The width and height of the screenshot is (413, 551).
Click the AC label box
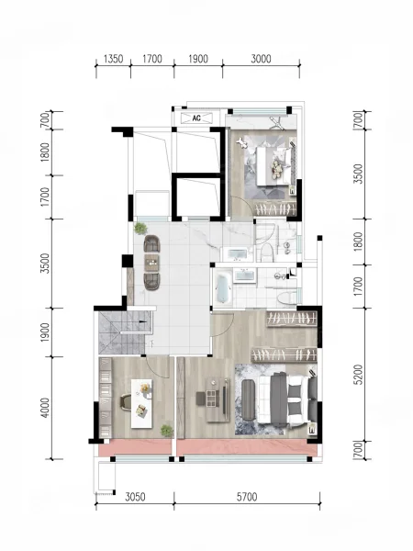[x=196, y=118]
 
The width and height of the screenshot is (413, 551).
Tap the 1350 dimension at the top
[x=114, y=59]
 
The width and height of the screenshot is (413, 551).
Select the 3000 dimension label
[x=261, y=59]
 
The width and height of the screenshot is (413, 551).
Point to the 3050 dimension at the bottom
[x=135, y=497]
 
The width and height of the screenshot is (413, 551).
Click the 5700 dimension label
[x=247, y=497]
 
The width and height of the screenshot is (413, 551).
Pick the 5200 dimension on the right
[x=358, y=375]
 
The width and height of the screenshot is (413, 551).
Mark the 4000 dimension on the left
[x=45, y=408]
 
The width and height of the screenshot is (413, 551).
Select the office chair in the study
[x=127, y=402]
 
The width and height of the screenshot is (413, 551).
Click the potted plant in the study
[x=166, y=431]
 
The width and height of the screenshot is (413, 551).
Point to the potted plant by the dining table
[x=140, y=228]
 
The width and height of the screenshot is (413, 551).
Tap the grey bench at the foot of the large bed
[x=248, y=399]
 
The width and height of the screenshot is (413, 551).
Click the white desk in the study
[x=142, y=403]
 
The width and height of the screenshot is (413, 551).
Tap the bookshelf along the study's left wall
[x=105, y=398]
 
